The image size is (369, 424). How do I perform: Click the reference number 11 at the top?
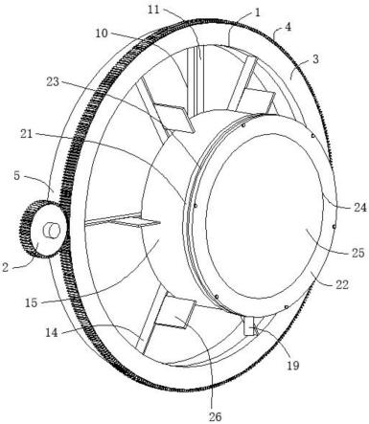pyautogui.click(x=154, y=10)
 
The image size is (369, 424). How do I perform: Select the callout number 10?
pyautogui.click(x=103, y=33)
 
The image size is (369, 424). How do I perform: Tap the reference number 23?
pyautogui.click(x=53, y=82)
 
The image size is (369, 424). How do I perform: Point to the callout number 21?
pyautogui.click(x=27, y=134)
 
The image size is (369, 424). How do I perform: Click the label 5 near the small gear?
pyautogui.click(x=17, y=175)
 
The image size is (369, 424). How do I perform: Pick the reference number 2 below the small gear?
pyautogui.click(x=5, y=267)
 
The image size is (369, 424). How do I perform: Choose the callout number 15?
pyautogui.click(x=32, y=302)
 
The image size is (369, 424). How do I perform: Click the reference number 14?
pyautogui.click(x=52, y=333)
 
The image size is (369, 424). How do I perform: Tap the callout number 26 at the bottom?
pyautogui.click(x=215, y=416)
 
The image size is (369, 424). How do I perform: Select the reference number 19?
pyautogui.click(x=292, y=365)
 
